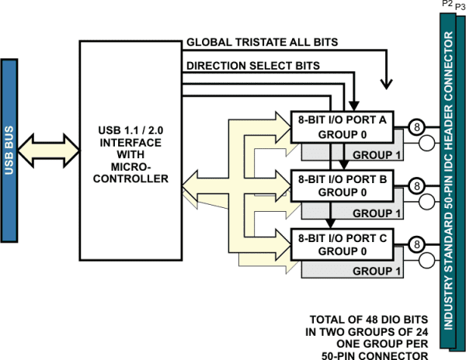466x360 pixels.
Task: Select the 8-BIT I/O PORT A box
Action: click(342, 126)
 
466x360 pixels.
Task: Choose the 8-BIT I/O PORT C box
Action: click(342, 244)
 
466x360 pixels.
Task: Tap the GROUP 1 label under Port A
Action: click(377, 154)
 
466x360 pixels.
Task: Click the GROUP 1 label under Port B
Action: click(377, 213)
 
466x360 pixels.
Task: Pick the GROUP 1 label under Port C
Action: click(377, 271)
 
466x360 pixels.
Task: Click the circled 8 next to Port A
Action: click(416, 126)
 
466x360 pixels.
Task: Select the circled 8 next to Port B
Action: click(416, 185)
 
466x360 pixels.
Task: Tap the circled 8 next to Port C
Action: click(416, 244)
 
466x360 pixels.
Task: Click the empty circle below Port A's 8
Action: click(426, 143)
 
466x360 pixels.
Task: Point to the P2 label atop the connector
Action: click(447, 5)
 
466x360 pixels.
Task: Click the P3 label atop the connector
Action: click(459, 6)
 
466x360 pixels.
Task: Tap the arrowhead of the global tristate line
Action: click(386, 84)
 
